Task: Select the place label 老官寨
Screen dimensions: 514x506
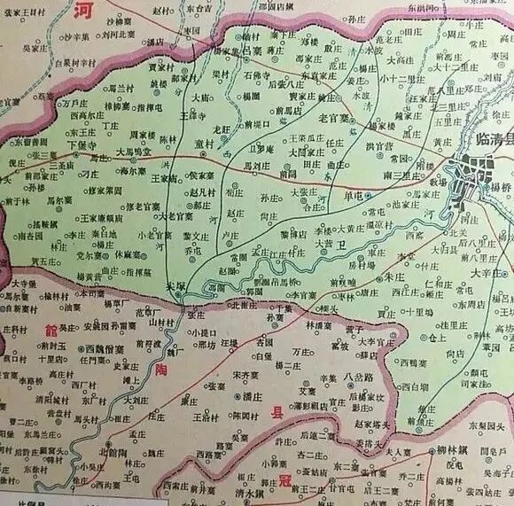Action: (313, 118)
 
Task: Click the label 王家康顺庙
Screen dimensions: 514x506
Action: (103, 217)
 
